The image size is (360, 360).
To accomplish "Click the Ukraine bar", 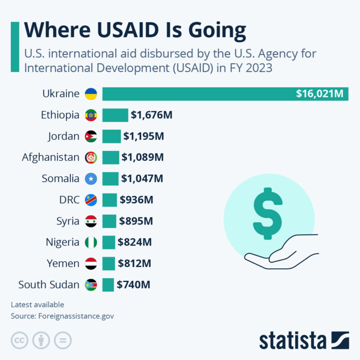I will point(197,94).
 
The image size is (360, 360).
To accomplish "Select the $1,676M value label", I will point(151,115).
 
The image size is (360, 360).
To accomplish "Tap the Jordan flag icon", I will point(91,137).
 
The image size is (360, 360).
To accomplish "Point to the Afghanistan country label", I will point(51,157).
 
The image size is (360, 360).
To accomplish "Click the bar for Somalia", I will point(110,178).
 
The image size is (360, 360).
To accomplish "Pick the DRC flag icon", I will point(91,200).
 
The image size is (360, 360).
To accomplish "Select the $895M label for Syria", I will point(136,221).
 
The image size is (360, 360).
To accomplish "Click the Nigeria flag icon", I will point(91,242).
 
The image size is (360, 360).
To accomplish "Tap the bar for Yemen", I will point(109,263).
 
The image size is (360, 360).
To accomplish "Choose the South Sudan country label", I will point(49,284).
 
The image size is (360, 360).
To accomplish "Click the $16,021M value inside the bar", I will point(320,94).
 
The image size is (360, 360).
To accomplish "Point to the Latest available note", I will point(37,305).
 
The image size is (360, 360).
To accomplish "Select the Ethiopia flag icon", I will point(91,115).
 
